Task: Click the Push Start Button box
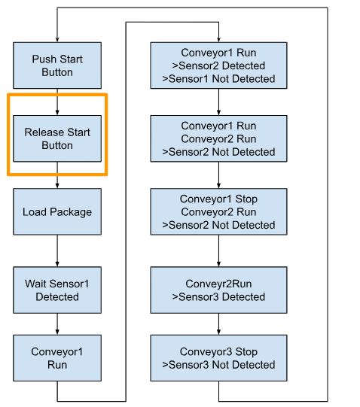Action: click(57, 65)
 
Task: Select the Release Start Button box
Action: click(57, 138)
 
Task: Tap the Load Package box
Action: click(57, 212)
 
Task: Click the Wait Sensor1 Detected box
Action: click(57, 290)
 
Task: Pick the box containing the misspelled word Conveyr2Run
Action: click(218, 290)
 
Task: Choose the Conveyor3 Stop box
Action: click(218, 358)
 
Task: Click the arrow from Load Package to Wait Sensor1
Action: click(57, 251)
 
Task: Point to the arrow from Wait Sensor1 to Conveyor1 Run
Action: click(57, 324)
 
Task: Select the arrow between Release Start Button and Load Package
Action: click(57, 175)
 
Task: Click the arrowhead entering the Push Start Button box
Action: click(57, 40)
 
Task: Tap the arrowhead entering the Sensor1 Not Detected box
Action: click(218, 40)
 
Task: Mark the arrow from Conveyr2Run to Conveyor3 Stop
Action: click(218, 324)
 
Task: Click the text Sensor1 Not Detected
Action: click(221, 79)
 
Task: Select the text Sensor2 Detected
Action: click(221, 65)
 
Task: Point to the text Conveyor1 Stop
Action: click(218, 199)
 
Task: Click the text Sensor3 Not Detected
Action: click(221, 365)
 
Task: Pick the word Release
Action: click(41, 132)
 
